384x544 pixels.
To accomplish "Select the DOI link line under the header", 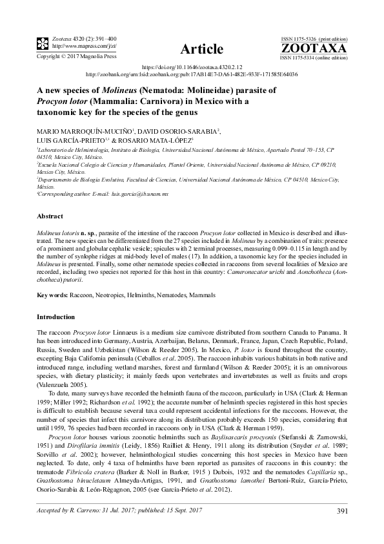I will point(192,67).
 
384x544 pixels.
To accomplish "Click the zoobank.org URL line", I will point(192,74).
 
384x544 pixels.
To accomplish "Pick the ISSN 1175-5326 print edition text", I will point(314,39).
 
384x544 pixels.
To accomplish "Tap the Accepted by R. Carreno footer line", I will point(110,511).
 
